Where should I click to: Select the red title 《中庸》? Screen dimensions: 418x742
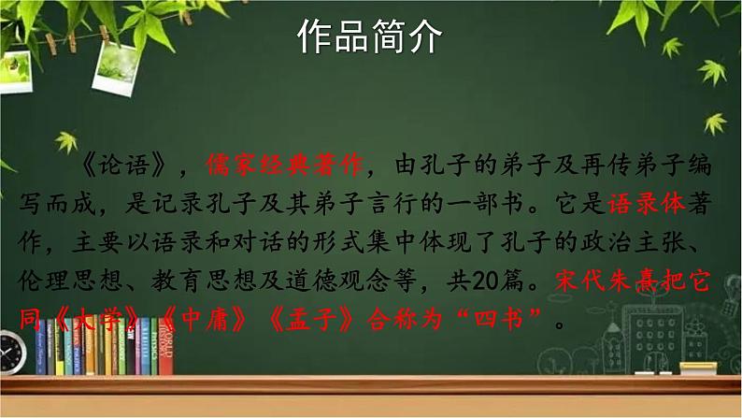coord(189,323)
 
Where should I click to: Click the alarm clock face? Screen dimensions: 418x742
coord(10,353)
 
